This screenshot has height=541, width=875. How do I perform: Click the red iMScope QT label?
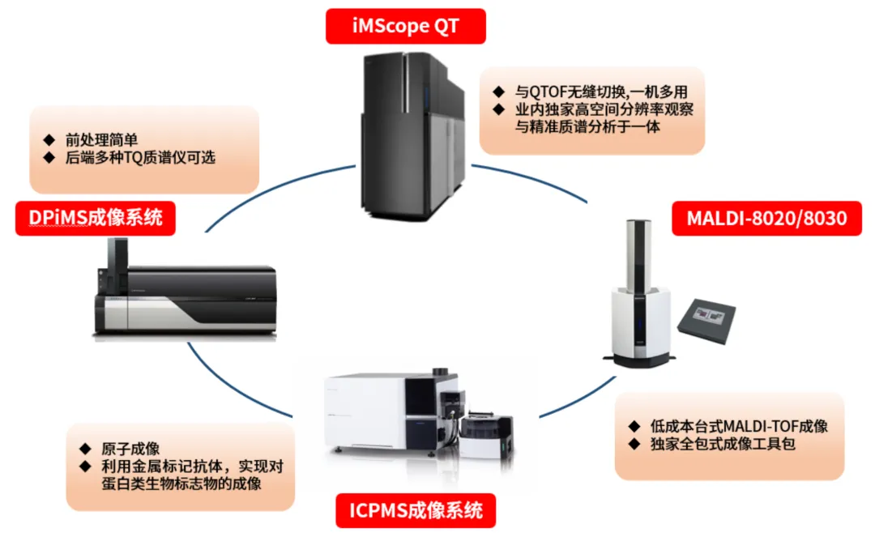405,25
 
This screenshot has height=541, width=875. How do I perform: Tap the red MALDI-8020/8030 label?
766,219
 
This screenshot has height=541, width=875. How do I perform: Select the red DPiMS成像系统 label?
96,218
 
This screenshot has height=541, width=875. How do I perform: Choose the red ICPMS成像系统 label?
416,510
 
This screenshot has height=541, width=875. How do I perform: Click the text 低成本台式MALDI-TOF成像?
739,426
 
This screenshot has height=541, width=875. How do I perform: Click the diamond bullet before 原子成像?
84,449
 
